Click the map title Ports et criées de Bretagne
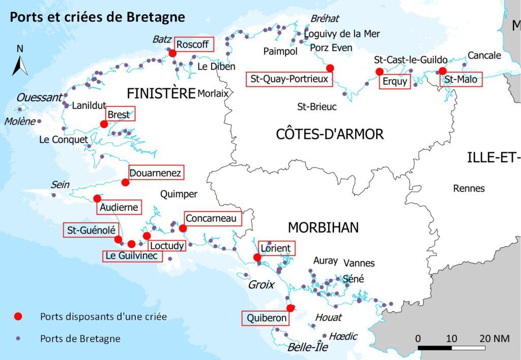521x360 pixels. pyautogui.click(x=97, y=17)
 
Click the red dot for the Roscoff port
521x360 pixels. pyautogui.click(x=172, y=53)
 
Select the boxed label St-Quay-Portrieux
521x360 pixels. pyautogui.click(x=290, y=79)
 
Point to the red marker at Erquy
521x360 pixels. pyautogui.click(x=379, y=72)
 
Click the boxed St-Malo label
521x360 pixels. pyautogui.click(x=461, y=79)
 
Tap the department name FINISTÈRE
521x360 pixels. pyautogui.click(x=161, y=94)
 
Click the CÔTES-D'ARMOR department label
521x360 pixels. pyautogui.click(x=330, y=134)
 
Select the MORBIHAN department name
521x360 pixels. pyautogui.click(x=323, y=227)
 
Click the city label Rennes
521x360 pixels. pyautogui.click(x=469, y=189)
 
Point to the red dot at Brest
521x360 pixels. pyautogui.click(x=104, y=124)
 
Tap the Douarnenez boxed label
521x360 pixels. pyautogui.click(x=156, y=173)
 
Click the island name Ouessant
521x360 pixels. pyautogui.click(x=39, y=98)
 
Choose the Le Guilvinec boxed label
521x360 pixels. pyautogui.click(x=133, y=256)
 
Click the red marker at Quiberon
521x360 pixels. pyautogui.click(x=291, y=308)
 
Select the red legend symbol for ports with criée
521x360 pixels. pyautogui.click(x=19, y=316)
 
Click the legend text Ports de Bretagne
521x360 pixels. pyautogui.click(x=80, y=339)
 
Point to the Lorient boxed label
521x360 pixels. pyautogui.click(x=276, y=249)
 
